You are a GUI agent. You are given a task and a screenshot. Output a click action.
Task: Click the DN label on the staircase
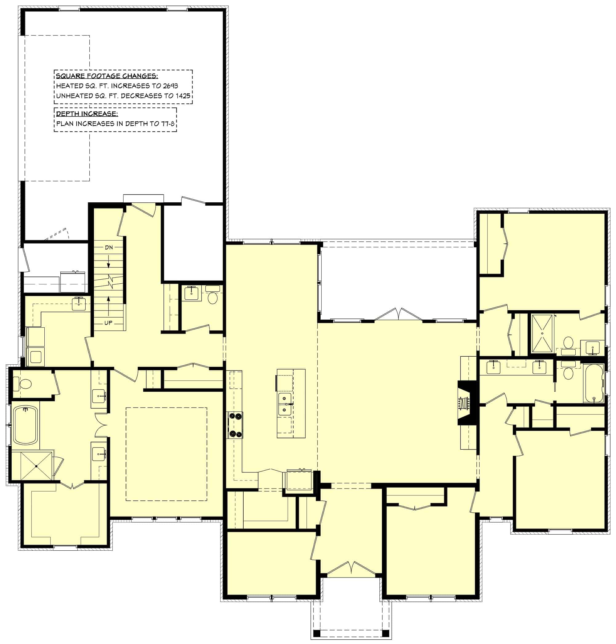pyautogui.click(x=109, y=247)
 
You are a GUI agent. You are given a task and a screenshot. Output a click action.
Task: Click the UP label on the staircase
pyautogui.click(x=108, y=323)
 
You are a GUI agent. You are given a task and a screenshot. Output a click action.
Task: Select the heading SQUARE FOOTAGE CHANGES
pyautogui.click(x=107, y=76)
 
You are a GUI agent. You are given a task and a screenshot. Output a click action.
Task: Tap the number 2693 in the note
pyautogui.click(x=170, y=86)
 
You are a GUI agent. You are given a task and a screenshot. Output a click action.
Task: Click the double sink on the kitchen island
pyautogui.click(x=285, y=404)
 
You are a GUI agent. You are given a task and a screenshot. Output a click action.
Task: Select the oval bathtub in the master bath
pyautogui.click(x=25, y=425)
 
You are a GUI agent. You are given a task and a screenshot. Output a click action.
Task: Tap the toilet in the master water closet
pyautogui.click(x=25, y=383)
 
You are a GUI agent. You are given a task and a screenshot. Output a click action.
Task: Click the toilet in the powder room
pyautogui.click(x=213, y=298)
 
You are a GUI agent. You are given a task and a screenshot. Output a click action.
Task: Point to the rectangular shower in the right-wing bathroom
pyautogui.click(x=542, y=333)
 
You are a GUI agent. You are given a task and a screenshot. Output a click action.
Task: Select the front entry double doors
pyautogui.click(x=351, y=569)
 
